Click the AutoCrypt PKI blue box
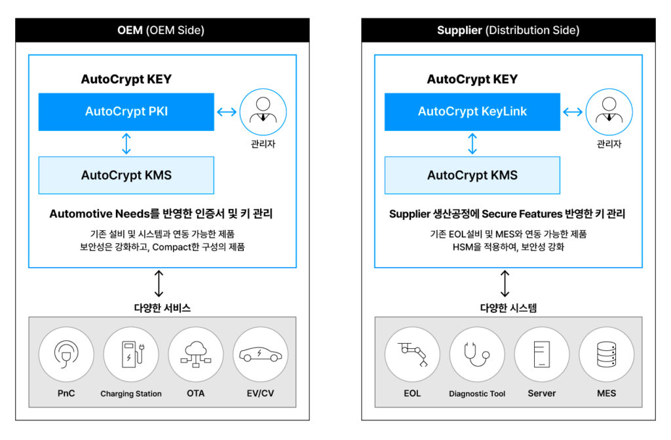coord(126,111)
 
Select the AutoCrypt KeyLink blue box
coord(472,111)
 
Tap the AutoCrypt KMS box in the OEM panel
coord(126,175)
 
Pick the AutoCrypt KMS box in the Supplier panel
coord(472,175)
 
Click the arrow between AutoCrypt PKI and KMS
coord(126,143)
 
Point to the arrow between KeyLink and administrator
coord(573,112)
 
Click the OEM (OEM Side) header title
coord(162,30)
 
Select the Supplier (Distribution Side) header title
coord(508,30)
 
